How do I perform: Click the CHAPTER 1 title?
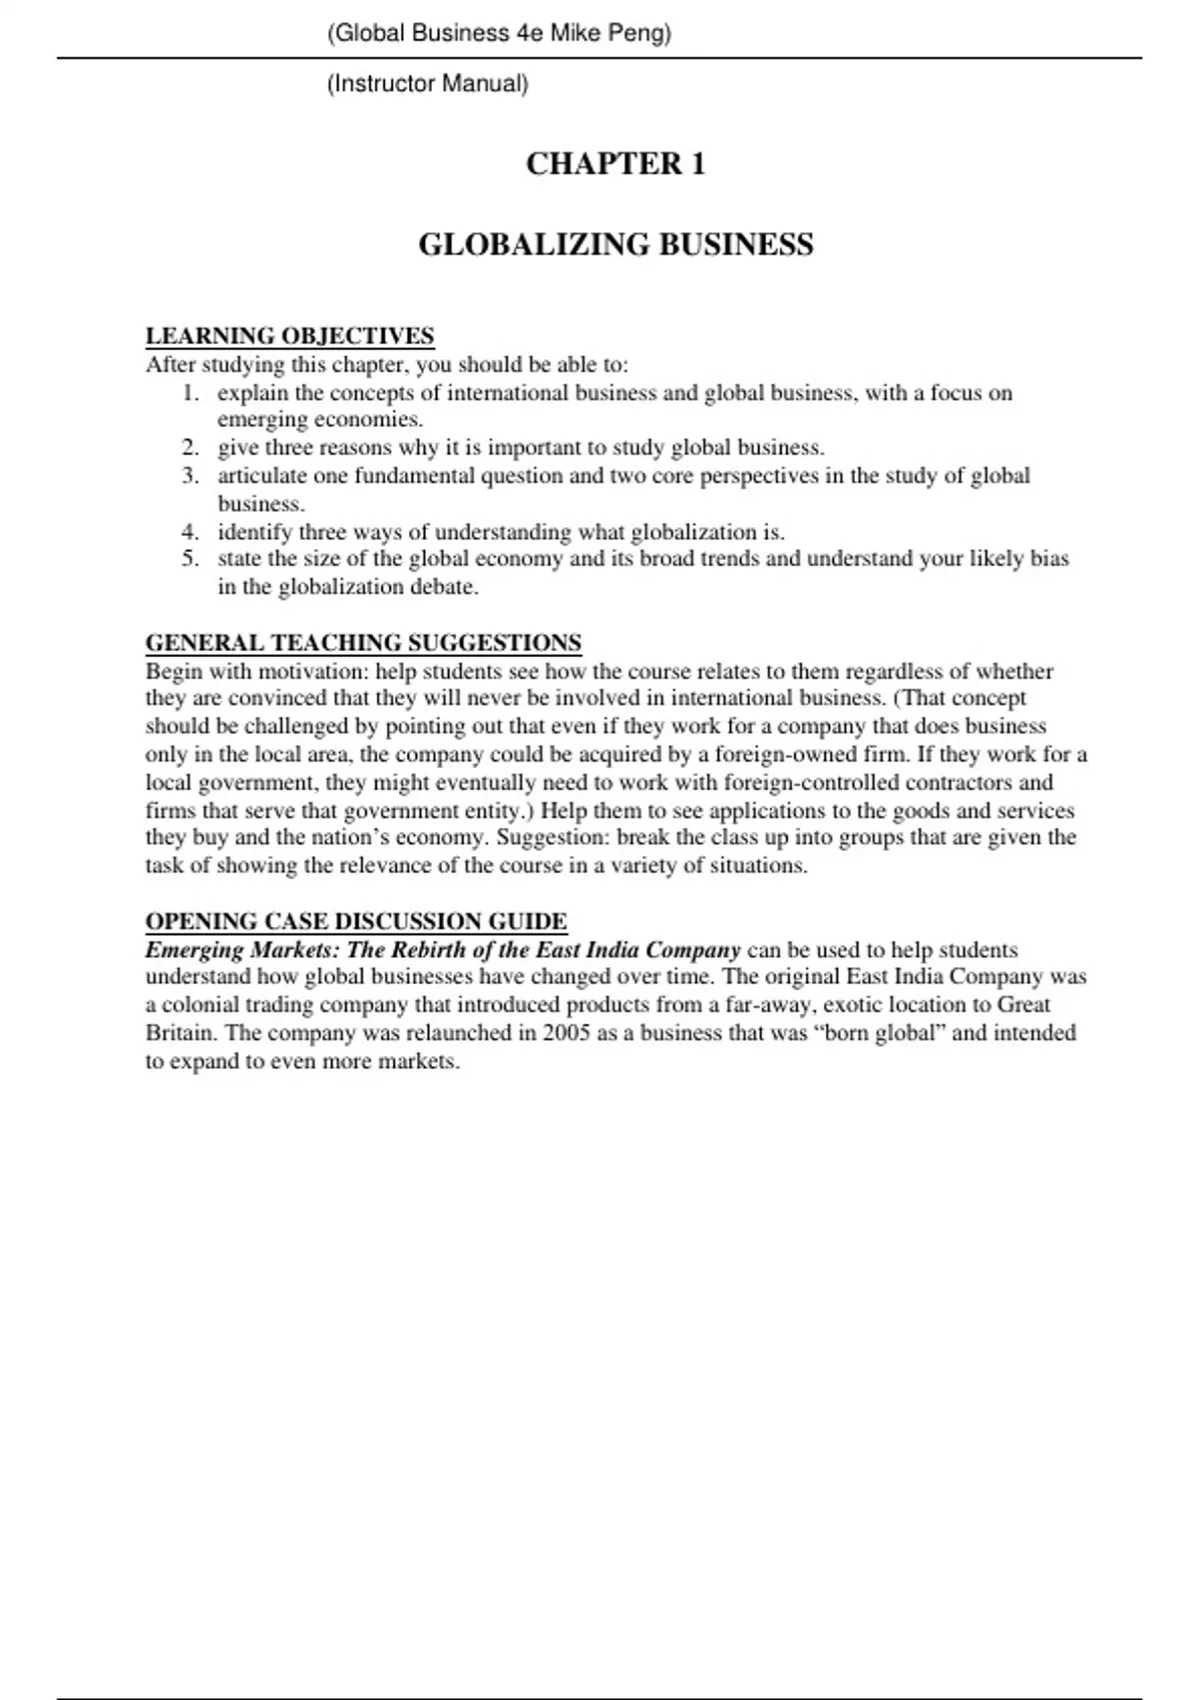point(615,164)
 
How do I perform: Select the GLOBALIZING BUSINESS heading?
point(615,245)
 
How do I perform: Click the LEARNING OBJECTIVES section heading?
point(290,336)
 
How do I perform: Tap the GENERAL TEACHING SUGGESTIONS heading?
point(364,642)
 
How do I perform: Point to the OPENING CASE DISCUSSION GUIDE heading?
point(356,921)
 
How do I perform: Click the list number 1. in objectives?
point(191,393)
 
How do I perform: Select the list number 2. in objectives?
point(191,448)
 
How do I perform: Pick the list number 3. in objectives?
point(191,476)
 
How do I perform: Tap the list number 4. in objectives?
point(191,532)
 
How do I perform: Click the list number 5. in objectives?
point(191,559)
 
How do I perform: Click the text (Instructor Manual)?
point(427,84)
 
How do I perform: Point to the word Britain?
point(180,1033)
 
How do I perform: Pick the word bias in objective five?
point(1050,559)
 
